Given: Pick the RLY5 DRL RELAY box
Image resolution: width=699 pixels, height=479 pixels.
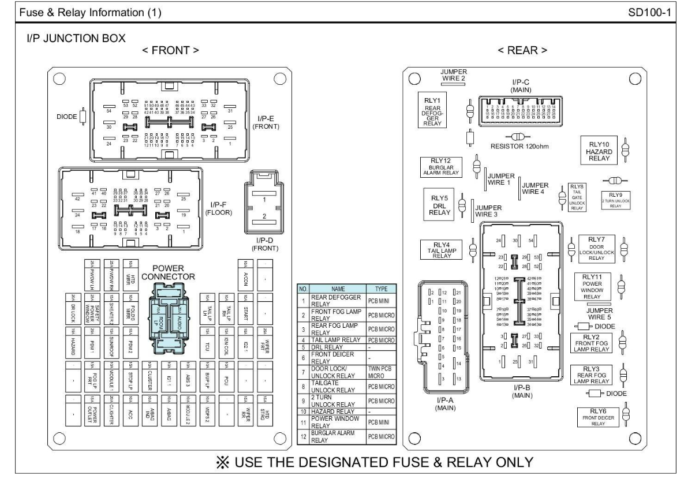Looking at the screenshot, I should point(439,204).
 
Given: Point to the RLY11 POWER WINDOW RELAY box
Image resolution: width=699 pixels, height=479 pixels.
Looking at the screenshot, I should point(592,287).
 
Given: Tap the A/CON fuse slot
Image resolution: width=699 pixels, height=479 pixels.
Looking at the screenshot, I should point(246,273).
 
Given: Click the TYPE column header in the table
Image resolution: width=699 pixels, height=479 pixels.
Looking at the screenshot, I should point(380,289).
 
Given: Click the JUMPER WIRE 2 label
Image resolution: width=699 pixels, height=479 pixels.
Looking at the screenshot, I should point(453,75).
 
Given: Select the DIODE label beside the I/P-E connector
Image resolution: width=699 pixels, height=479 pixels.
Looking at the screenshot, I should point(66,117).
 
